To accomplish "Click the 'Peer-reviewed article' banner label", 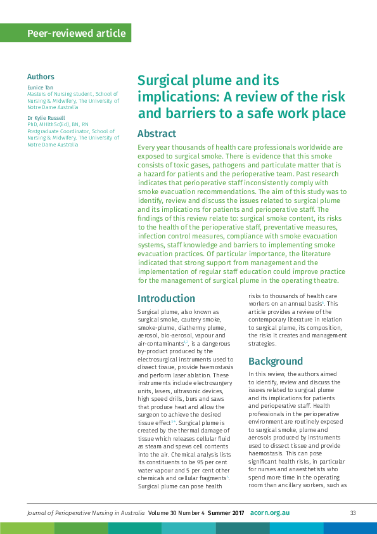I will (x=76, y=33).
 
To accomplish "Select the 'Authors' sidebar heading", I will (x=41, y=77).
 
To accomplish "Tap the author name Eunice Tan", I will (x=40, y=87).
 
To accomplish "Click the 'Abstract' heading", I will (x=157, y=134).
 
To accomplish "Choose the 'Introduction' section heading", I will (x=166, y=298).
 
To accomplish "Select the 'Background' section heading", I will (x=276, y=361).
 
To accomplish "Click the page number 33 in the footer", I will (x=354, y=512).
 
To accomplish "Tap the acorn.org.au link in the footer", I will (x=269, y=512).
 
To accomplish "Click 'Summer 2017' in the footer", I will (x=226, y=512).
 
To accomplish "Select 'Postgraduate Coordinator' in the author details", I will (x=58, y=131).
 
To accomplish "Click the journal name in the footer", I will (x=86, y=512).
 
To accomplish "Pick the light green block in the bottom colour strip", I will (x=27, y=528).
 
